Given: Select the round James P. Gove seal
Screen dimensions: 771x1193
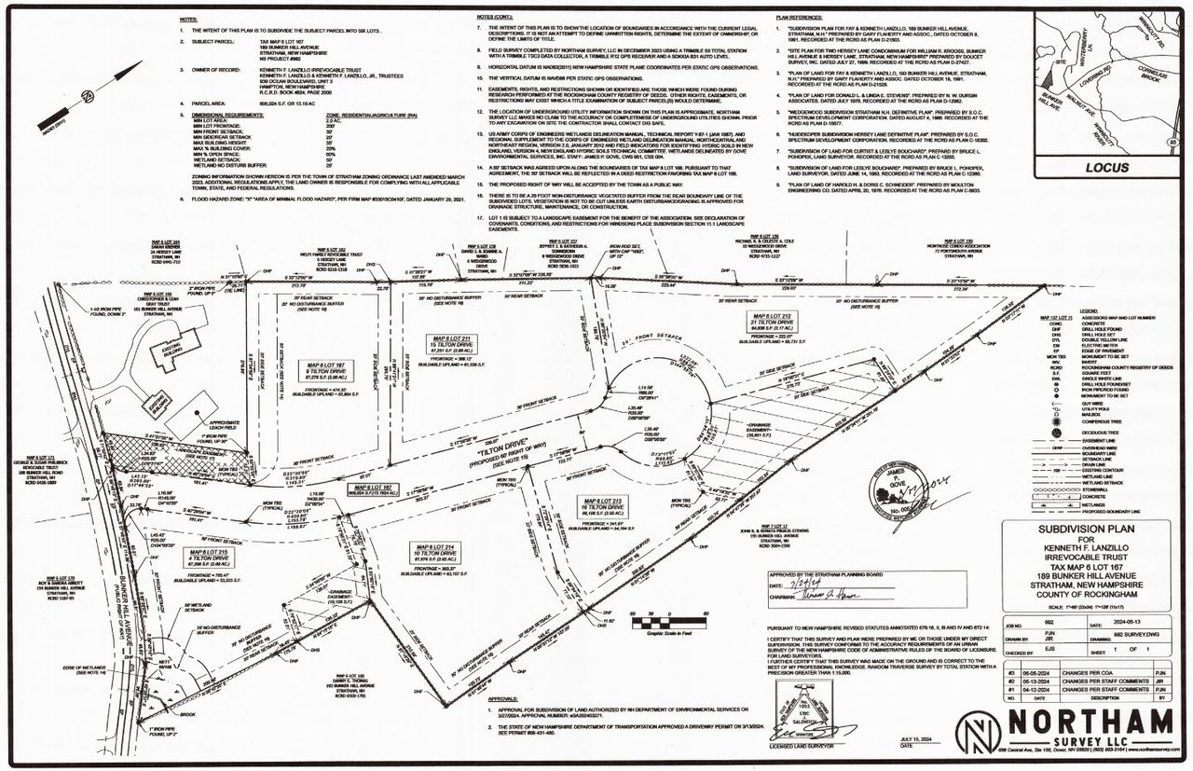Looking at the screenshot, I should pyautogui.click(x=898, y=487).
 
